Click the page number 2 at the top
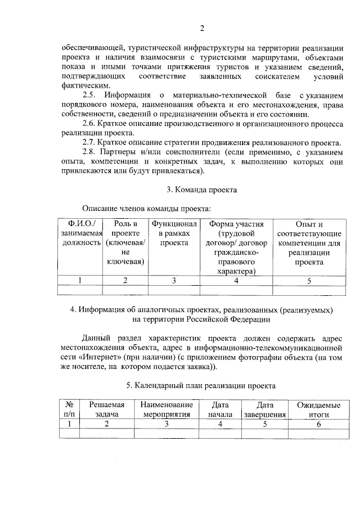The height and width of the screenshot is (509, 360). click(x=202, y=29)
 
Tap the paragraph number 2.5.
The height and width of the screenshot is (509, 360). click(x=89, y=94)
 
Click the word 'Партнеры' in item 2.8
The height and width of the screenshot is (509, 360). click(x=120, y=152)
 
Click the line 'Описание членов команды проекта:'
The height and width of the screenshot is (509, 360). click(x=146, y=209)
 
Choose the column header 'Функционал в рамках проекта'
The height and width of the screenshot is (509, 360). click(x=174, y=233)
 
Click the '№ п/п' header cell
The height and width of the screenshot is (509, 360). click(x=69, y=409)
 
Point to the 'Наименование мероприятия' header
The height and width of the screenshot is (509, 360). click(x=166, y=409)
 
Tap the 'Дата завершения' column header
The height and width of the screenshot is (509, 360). click(x=264, y=409)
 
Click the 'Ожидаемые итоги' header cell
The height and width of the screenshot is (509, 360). click(x=318, y=409)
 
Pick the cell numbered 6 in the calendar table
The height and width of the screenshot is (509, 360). click(x=318, y=424)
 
